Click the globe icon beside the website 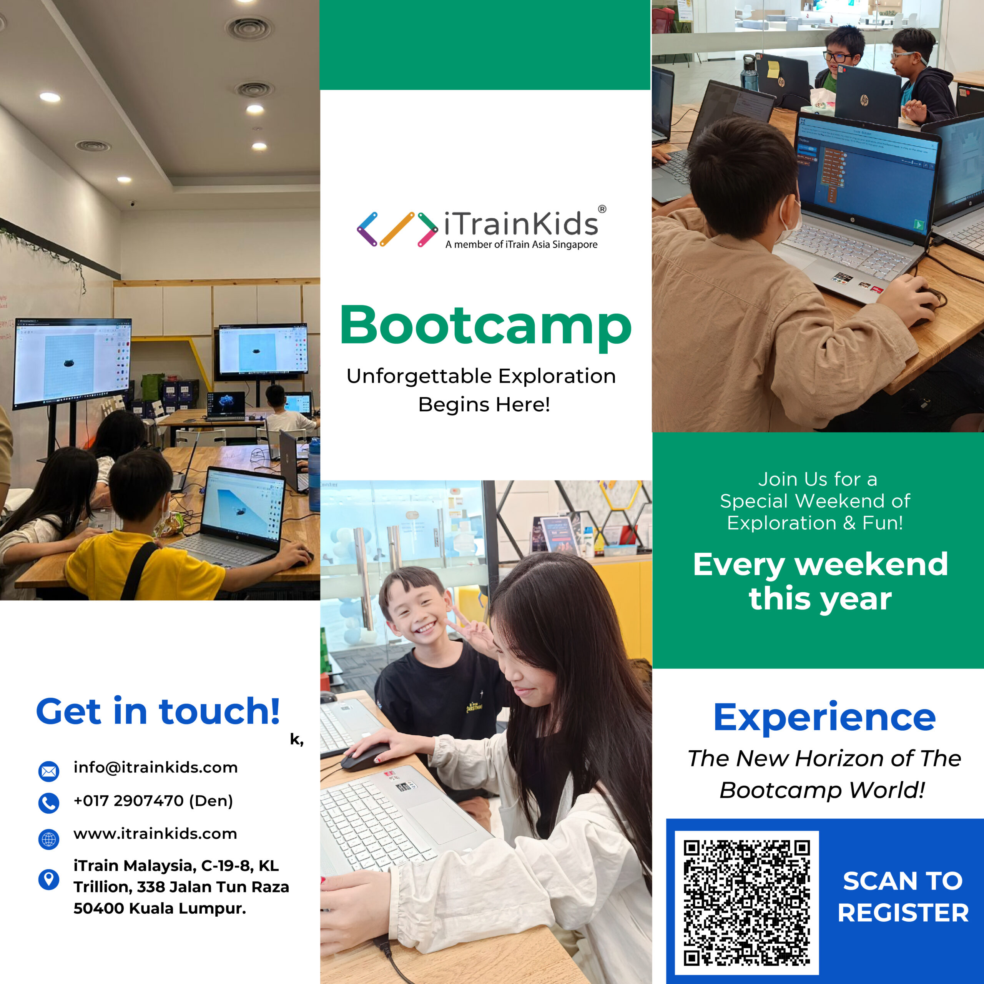49,838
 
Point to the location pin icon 49,879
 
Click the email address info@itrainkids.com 155,768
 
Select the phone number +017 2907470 128,801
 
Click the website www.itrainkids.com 155,834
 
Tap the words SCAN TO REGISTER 903,896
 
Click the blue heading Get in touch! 158,711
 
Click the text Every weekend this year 821,581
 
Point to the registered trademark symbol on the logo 602,209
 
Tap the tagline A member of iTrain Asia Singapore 522,244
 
